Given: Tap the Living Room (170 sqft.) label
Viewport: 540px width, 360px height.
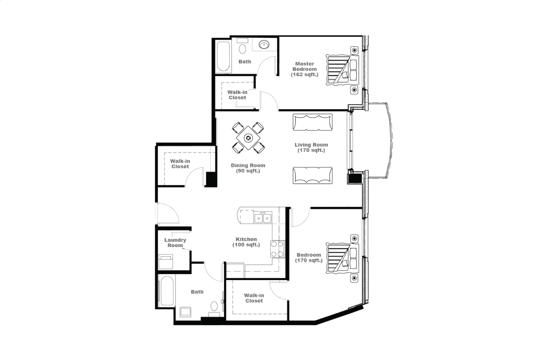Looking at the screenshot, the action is pyautogui.click(x=311, y=147).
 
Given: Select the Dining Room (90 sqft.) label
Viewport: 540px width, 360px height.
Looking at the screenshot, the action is pyautogui.click(x=248, y=168).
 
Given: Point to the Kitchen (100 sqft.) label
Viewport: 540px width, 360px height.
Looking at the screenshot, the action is pyautogui.click(x=246, y=242).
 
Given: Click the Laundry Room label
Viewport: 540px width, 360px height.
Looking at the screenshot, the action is pyautogui.click(x=175, y=243).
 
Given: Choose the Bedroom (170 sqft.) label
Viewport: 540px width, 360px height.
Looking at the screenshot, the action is pyautogui.click(x=309, y=258).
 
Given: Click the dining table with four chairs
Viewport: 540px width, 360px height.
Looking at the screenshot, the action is pyautogui.click(x=248, y=138).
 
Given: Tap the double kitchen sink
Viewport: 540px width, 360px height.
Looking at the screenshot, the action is pyautogui.click(x=263, y=217).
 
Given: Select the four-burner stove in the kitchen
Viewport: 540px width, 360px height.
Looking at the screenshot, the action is pyautogui.click(x=277, y=249).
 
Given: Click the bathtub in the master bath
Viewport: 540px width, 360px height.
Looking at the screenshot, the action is pyautogui.click(x=223, y=57).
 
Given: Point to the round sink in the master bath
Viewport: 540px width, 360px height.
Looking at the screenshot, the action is pyautogui.click(x=264, y=44).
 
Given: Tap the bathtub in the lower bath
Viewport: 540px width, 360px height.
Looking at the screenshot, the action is pyautogui.click(x=167, y=291).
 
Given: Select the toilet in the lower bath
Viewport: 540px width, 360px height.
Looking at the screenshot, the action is pyautogui.click(x=214, y=309).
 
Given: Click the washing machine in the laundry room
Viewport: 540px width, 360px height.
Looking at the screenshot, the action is pyautogui.click(x=166, y=262).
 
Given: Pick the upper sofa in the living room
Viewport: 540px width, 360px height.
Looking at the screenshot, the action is pyautogui.click(x=313, y=122).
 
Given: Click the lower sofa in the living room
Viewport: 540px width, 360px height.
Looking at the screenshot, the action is pyautogui.click(x=313, y=175).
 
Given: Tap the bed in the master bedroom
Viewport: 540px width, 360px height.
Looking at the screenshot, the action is pyautogui.click(x=342, y=70).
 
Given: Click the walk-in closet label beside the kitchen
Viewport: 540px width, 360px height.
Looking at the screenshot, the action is pyautogui.click(x=254, y=298).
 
